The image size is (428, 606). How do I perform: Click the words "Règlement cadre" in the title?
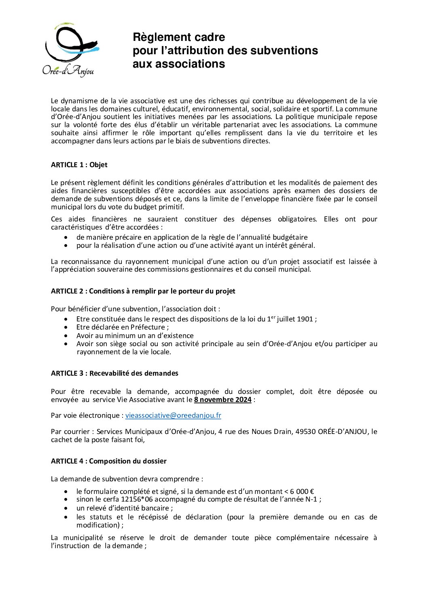pos(179,37)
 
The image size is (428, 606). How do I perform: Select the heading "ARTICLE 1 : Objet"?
pos(79,165)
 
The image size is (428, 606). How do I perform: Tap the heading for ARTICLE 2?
pos(143,291)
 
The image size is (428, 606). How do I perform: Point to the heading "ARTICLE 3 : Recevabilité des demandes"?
pos(114,373)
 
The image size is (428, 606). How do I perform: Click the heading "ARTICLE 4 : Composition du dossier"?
pos(108,461)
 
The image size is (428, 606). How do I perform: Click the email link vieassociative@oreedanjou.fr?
pos(173,415)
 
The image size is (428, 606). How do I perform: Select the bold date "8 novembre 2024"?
pos(222,400)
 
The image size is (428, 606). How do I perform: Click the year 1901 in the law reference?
pos(305,319)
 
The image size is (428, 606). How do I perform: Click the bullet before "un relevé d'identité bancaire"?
pos(66,508)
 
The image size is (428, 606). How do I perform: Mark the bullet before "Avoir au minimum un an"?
pos(66,336)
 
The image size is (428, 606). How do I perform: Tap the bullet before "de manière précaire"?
pos(66,237)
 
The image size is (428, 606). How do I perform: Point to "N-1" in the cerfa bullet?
pos(314,500)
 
